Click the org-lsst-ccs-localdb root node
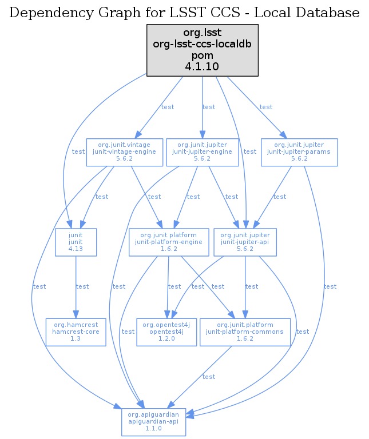tap(203, 50)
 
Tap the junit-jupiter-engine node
tap(203, 151)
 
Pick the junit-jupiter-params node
tap(299, 151)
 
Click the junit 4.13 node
tap(76, 242)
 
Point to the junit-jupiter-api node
tap(245, 242)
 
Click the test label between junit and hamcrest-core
tap(82, 286)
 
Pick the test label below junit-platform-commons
tap(209, 377)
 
